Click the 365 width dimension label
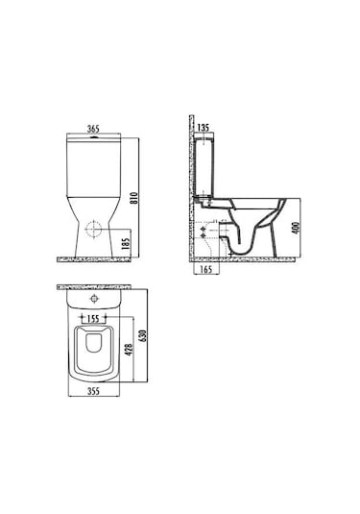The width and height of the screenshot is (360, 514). point(93,129)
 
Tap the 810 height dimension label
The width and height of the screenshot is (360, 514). point(134,198)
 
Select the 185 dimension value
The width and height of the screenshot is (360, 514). point(126,244)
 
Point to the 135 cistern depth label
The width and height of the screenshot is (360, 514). point(204,128)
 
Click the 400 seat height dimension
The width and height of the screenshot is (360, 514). point(296,228)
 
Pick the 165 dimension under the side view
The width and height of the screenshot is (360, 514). point(206,270)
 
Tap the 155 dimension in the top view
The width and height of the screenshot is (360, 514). point(93,319)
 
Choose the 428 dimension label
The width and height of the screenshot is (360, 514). point(129,350)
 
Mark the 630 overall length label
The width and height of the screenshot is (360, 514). point(143,336)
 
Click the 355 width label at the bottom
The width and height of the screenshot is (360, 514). point(93,391)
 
